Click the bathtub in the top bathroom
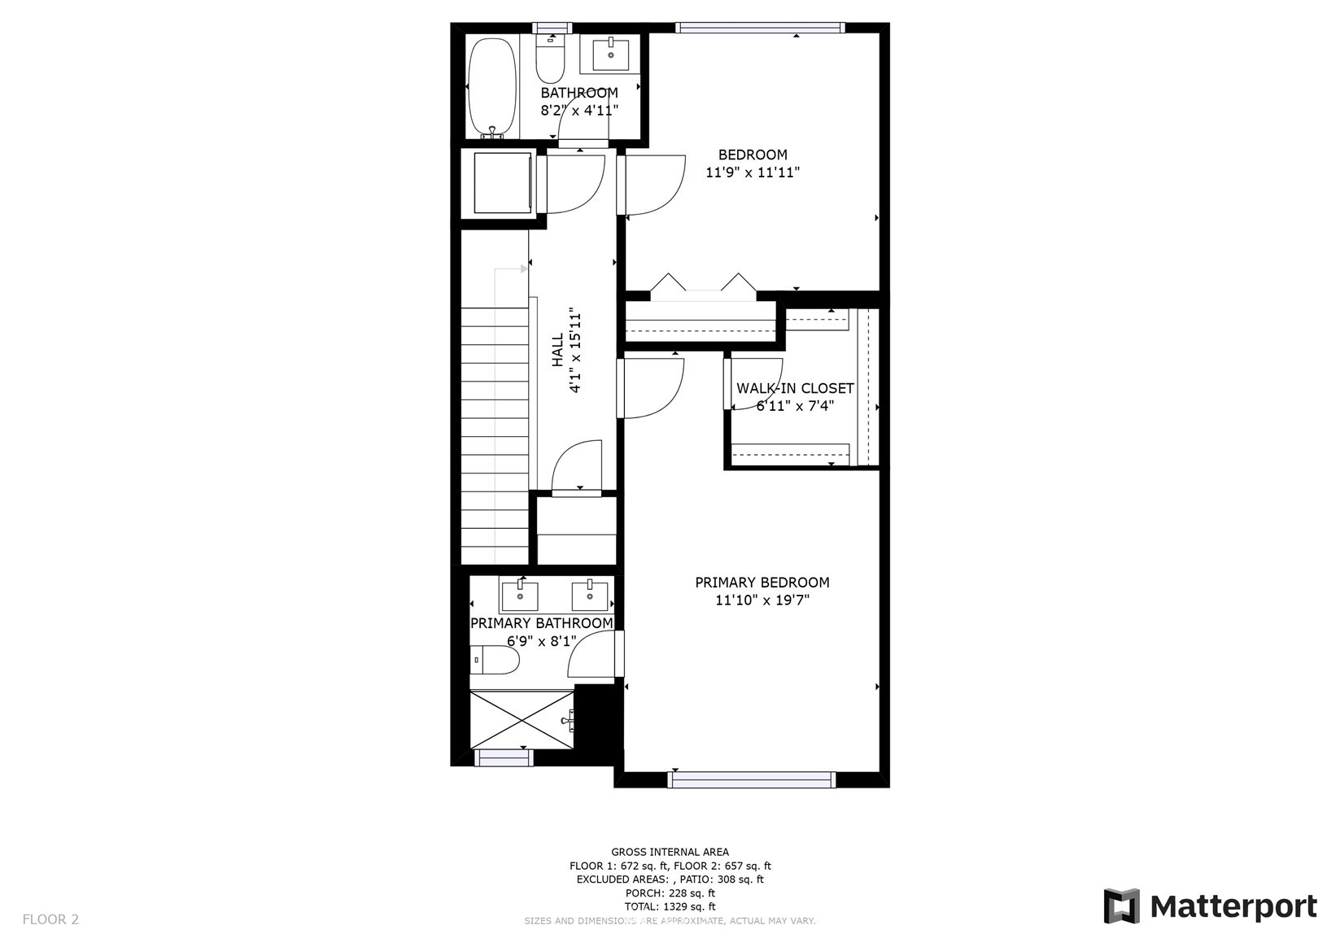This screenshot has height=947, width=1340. click(x=491, y=88)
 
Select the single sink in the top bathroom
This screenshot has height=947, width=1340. click(x=611, y=54)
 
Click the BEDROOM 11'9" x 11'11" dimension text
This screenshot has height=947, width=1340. click(x=753, y=173)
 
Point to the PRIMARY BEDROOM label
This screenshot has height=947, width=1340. click(x=762, y=582)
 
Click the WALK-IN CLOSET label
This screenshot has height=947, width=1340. click(x=795, y=388)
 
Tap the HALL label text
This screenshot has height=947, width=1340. click(x=557, y=350)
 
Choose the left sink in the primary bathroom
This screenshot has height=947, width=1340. click(x=520, y=596)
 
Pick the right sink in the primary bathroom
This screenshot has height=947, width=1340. click(x=590, y=596)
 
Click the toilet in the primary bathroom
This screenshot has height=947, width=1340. click(x=494, y=660)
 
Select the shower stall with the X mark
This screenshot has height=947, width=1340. click(x=522, y=719)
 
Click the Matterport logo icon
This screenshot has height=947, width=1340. click(x=1122, y=906)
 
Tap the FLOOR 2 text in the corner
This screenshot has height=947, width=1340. click(x=50, y=919)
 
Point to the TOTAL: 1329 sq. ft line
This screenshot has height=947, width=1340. click(x=670, y=907)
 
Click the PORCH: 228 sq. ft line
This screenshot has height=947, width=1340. click(x=670, y=893)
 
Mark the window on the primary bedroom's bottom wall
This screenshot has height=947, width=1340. click(x=751, y=779)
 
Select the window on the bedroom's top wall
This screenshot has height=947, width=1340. click(x=761, y=28)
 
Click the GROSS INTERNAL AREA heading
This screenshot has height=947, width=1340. click(x=670, y=852)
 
